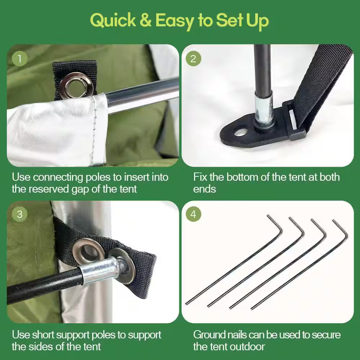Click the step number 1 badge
point(20,59)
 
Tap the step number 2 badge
point(193,59)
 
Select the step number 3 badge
point(20,214)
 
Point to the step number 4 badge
point(193,214)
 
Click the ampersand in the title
point(145,20)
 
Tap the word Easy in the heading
point(175,21)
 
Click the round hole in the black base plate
point(240,132)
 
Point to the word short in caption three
point(43,335)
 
